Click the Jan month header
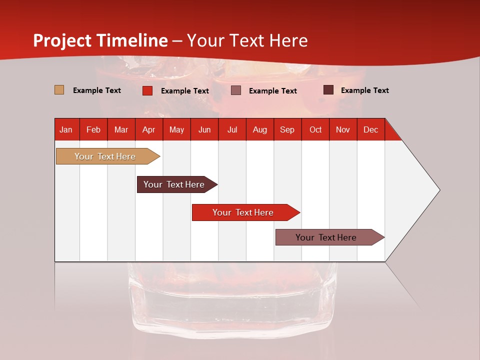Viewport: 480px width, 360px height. point(66,129)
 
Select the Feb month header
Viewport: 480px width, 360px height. point(93,129)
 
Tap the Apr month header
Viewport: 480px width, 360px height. point(149,129)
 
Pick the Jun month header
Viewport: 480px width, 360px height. point(204,129)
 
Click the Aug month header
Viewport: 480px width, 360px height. point(260,129)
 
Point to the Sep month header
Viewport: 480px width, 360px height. point(287,129)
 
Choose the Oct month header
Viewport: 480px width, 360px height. point(315,129)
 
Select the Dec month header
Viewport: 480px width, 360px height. point(371,129)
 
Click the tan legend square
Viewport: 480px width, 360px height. point(59,90)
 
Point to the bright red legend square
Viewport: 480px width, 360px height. point(147,90)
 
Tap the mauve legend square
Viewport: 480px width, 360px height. point(236,90)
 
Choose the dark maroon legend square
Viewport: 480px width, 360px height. point(328,90)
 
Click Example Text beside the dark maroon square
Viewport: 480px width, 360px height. point(364,90)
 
